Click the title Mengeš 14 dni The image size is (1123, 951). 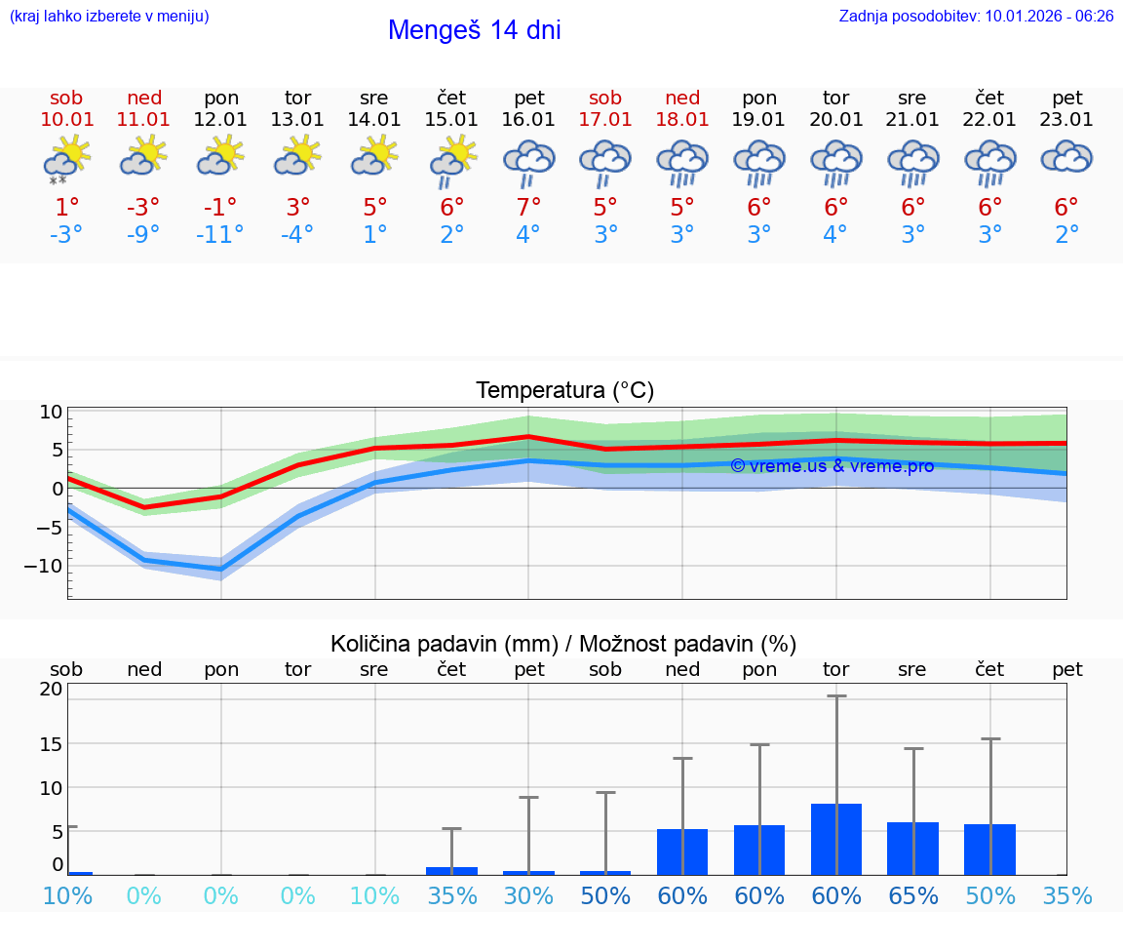pyautogui.click(x=474, y=30)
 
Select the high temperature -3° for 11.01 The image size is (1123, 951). pyautogui.click(x=143, y=207)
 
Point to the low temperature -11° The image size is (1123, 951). pyautogui.click(x=219, y=235)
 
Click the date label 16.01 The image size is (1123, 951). pyautogui.click(x=528, y=119)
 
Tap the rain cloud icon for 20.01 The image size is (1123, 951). pyautogui.click(x=835, y=161)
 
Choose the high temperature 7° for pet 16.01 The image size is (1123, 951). pyautogui.click(x=528, y=207)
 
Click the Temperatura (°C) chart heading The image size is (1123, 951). pyautogui.click(x=564, y=390)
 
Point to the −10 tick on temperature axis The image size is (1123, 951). pyautogui.click(x=49, y=566)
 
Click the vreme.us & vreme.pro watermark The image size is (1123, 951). pyautogui.click(x=832, y=466)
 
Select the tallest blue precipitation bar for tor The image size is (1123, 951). pyautogui.click(x=835, y=839)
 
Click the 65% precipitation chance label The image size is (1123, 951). pyautogui.click(x=912, y=895)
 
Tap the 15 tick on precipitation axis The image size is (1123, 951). pyautogui.click(x=51, y=743)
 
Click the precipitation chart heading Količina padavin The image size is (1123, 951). pyautogui.click(x=563, y=644)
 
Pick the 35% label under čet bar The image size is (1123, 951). pyautogui.click(x=451, y=895)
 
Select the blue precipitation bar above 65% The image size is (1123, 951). pyautogui.click(x=912, y=848)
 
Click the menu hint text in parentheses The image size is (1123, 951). pyautogui.click(x=109, y=16)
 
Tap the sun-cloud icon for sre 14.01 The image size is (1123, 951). pyautogui.click(x=374, y=156)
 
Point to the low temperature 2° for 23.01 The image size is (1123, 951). pyautogui.click(x=1066, y=235)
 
